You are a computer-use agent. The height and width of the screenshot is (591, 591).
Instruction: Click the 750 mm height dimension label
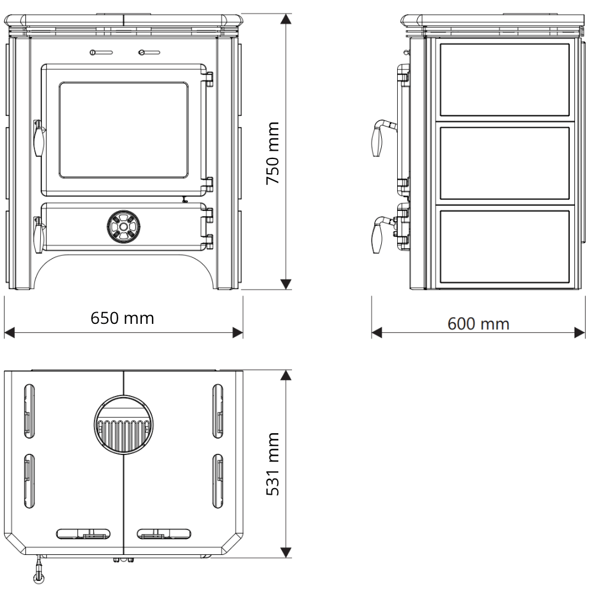tap(272, 153)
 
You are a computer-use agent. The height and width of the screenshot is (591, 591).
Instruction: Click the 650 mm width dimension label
tap(122, 318)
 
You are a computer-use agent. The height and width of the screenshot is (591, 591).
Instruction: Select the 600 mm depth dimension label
tap(478, 324)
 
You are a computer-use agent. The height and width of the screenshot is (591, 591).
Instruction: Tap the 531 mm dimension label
tap(272, 464)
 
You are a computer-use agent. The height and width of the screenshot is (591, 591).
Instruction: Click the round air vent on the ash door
tap(124, 227)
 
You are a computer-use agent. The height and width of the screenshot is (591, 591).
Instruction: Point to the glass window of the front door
tap(124, 130)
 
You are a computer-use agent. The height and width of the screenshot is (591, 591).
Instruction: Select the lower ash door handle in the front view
tap(38, 235)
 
